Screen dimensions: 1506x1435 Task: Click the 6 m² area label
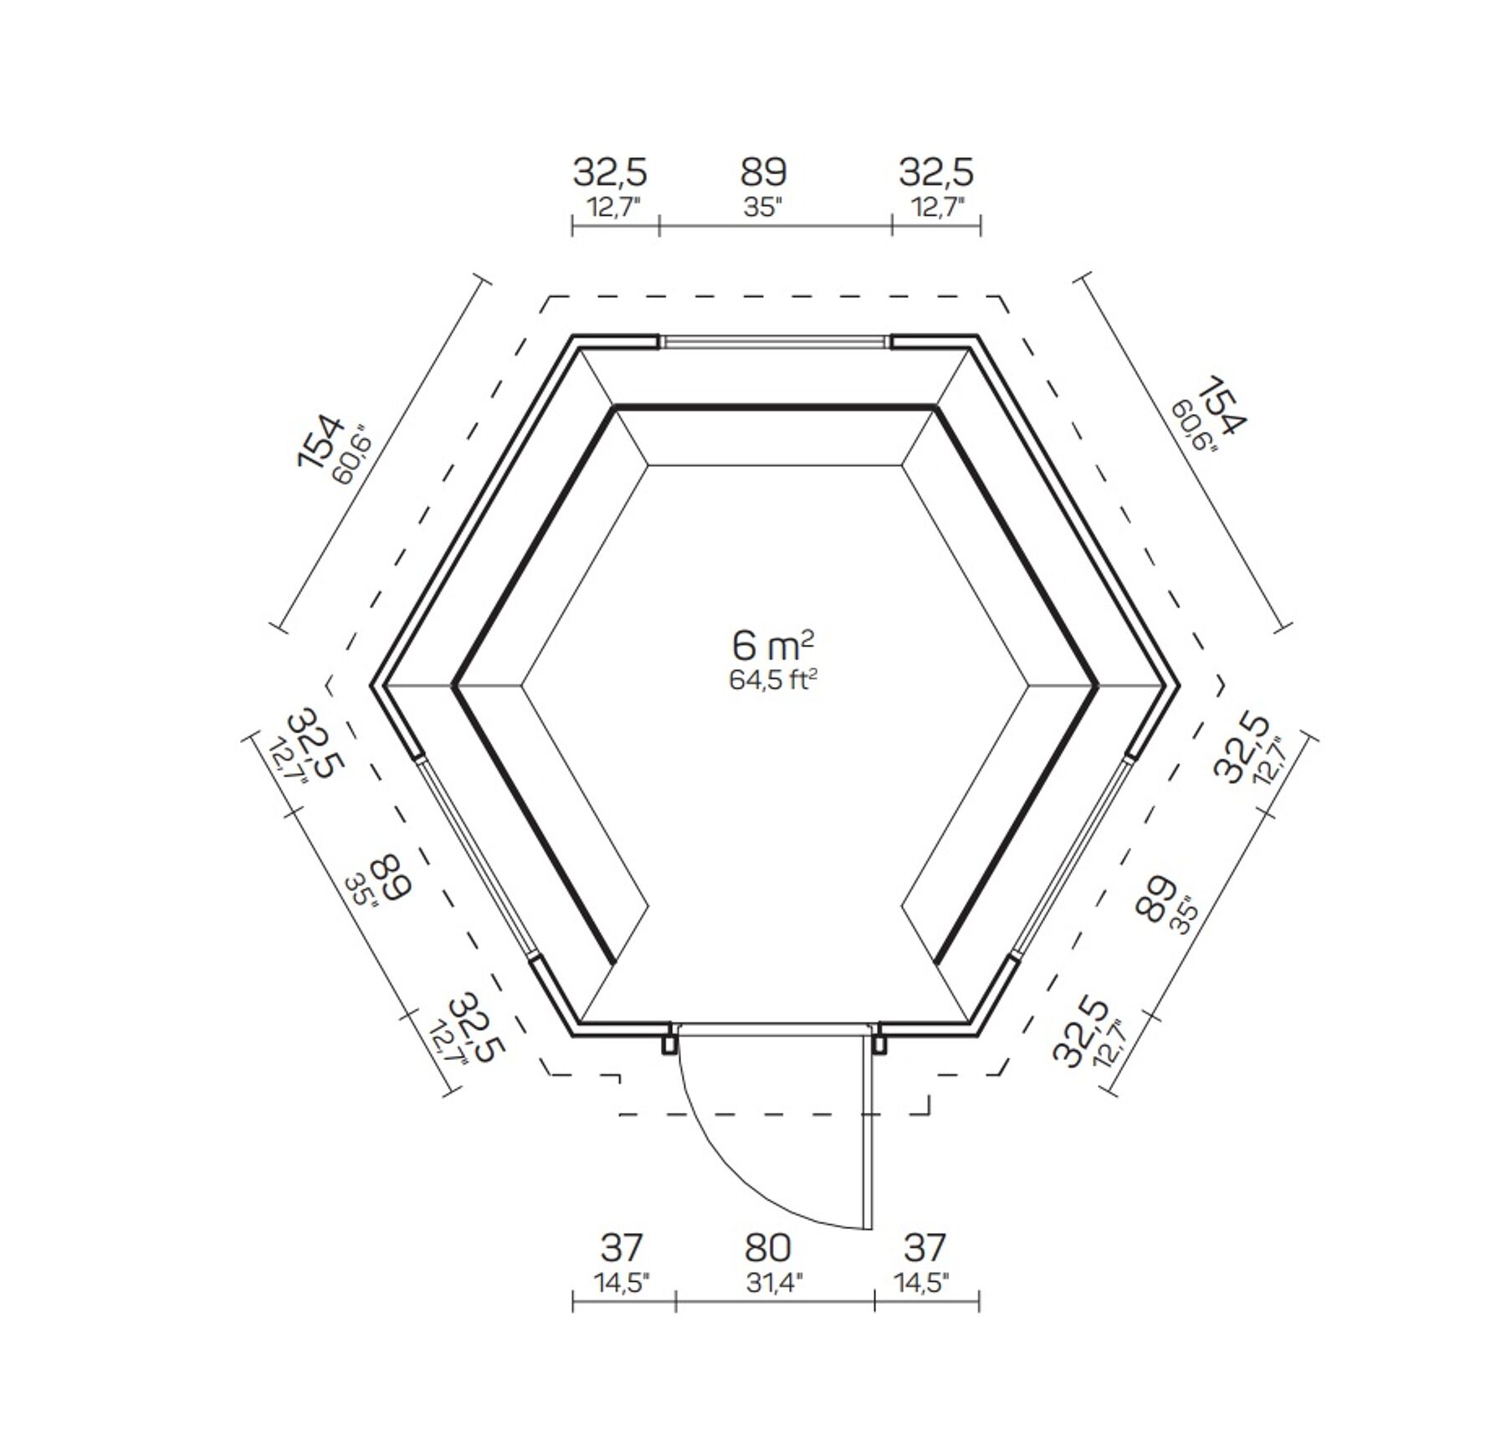(772, 645)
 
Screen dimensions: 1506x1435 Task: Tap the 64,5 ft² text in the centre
(772, 680)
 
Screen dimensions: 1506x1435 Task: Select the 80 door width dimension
(767, 1248)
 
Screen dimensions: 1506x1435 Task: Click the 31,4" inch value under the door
(774, 1283)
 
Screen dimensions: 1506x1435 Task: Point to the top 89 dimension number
(763, 172)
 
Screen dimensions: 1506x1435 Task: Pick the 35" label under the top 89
(762, 207)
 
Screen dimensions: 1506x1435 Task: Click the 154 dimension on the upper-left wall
(320, 441)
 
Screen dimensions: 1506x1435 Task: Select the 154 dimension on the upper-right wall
(1222, 406)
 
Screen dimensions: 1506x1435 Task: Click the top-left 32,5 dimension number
(610, 173)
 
